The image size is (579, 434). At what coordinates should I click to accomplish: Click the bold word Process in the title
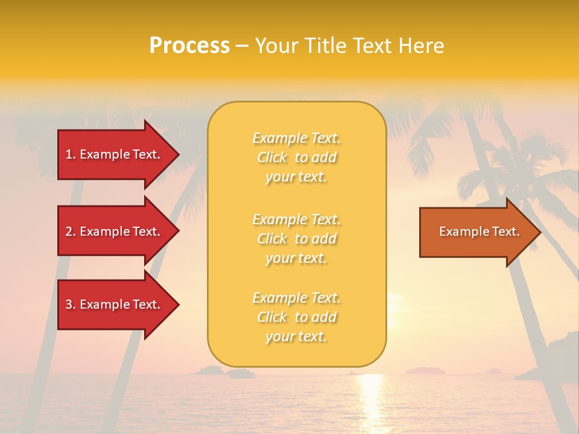pos(189,45)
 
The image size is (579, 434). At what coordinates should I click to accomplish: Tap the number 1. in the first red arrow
pos(71,154)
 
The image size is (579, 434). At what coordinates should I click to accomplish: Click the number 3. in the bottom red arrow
pos(71,304)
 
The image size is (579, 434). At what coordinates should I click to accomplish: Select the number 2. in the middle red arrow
pos(71,231)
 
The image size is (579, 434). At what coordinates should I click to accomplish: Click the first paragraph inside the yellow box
pos(297,157)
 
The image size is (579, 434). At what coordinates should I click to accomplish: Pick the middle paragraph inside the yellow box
pos(297,239)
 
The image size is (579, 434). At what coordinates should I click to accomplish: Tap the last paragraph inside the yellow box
pos(297,317)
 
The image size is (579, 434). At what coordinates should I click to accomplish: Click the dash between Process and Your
pos(242,46)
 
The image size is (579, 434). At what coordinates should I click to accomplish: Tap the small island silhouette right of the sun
pos(425,370)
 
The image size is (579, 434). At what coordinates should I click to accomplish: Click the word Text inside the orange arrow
pos(505,231)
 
